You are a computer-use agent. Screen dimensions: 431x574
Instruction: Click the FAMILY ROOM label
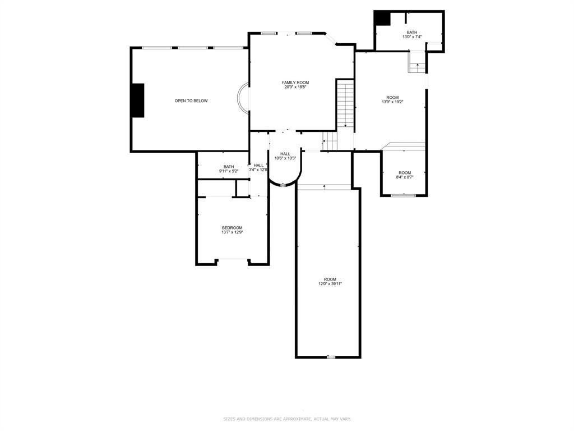(295, 82)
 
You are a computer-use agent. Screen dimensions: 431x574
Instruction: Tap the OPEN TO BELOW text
(191, 101)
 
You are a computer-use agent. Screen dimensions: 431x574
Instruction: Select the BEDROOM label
(232, 227)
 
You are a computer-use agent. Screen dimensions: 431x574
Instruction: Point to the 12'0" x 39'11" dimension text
(330, 284)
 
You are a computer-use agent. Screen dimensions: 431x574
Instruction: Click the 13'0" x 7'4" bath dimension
(412, 37)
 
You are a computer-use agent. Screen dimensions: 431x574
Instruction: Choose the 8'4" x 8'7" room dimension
(404, 177)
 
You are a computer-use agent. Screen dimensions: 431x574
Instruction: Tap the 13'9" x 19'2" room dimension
(392, 102)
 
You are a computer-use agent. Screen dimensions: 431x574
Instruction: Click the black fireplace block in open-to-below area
(137, 100)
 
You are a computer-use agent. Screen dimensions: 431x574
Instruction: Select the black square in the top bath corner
(382, 19)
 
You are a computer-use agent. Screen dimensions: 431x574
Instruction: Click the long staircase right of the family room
(345, 104)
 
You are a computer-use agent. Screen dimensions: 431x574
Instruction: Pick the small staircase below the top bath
(416, 62)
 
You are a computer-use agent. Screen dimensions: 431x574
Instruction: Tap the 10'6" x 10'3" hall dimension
(285, 158)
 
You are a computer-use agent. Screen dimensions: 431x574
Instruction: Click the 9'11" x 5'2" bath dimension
(229, 171)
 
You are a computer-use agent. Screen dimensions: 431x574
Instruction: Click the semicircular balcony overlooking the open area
(243, 98)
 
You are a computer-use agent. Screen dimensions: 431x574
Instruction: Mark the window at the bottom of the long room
(331, 357)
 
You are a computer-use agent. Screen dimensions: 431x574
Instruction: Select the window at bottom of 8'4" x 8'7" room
(403, 195)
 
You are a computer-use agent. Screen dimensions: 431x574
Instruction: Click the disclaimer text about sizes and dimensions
(287, 419)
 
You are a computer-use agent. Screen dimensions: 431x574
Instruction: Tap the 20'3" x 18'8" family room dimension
(295, 87)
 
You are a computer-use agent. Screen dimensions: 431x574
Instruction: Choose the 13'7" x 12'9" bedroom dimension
(232, 232)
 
